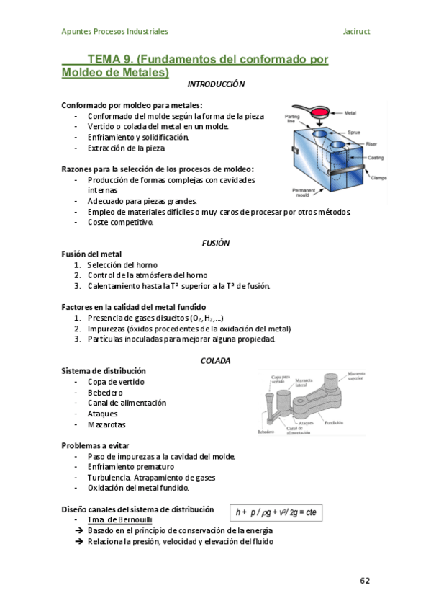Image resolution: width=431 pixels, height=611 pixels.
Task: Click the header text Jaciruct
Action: tap(357, 32)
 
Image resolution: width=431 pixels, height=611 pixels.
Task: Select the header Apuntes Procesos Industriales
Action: tap(115, 32)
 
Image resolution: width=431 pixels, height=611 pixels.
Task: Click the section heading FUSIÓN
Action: tap(215, 243)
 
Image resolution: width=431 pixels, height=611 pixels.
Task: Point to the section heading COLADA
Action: tap(215, 360)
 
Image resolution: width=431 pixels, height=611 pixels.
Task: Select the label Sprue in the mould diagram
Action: tap(353, 133)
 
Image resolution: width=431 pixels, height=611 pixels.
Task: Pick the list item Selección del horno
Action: tap(127, 264)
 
